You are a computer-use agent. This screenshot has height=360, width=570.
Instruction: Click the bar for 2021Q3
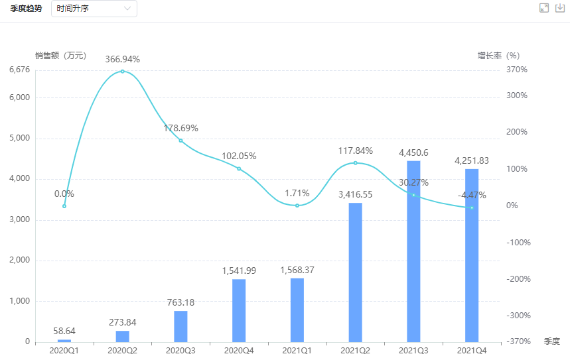(x=413, y=251)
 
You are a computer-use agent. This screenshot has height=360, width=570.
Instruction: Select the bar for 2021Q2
(x=355, y=272)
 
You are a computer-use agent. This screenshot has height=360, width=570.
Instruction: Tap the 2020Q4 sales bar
(x=239, y=310)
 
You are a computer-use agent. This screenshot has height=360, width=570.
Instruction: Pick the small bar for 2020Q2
(x=122, y=336)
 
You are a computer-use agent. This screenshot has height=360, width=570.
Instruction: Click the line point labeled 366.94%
(x=122, y=71)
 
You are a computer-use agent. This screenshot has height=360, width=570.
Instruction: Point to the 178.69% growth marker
(x=180, y=141)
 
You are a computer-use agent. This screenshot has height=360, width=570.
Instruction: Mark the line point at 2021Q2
(x=355, y=162)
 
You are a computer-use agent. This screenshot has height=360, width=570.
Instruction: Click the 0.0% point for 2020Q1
(x=64, y=206)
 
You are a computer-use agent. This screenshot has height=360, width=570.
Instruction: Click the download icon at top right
(x=559, y=8)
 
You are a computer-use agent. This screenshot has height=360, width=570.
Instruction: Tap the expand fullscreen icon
(x=544, y=8)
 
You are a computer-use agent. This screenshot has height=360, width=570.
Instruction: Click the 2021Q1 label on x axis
(x=297, y=350)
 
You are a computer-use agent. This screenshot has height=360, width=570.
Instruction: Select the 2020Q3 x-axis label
(x=180, y=350)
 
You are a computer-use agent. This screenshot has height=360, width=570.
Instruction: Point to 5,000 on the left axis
(x=20, y=139)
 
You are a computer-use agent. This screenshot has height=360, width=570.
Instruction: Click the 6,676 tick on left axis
(x=20, y=70)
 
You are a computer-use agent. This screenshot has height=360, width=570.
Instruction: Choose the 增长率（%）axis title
(x=498, y=56)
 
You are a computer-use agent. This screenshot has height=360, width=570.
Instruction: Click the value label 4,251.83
(x=472, y=161)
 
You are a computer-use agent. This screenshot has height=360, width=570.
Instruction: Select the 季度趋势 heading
(x=26, y=9)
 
